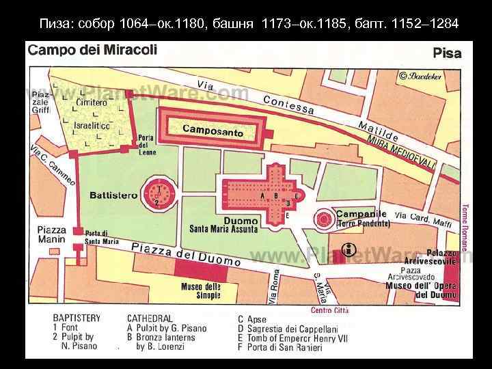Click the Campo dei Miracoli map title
[92, 50]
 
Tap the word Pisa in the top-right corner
[447, 53]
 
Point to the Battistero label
[113, 195]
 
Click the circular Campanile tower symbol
[323, 219]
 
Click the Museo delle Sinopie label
[200, 291]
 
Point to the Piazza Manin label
[52, 234]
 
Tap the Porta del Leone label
[147, 144]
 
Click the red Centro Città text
[329, 311]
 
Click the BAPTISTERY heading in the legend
[77, 318]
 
